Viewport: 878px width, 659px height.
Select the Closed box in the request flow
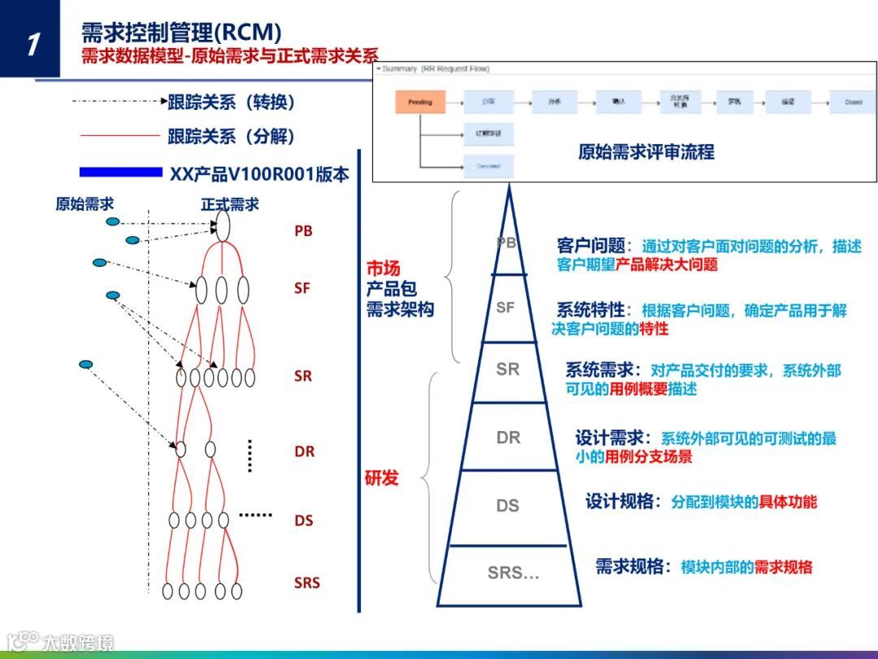point(853,103)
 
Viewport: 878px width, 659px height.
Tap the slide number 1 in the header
point(31,42)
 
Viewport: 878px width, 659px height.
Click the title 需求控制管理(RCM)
point(181,32)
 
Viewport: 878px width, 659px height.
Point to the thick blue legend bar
point(121,172)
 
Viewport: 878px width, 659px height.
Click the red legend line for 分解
point(120,136)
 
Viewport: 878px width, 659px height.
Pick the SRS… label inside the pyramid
point(513,573)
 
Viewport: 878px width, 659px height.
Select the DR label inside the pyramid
point(508,438)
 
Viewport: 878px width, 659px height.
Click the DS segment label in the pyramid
point(507,506)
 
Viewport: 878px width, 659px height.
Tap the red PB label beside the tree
point(303,231)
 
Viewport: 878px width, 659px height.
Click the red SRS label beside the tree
point(307,583)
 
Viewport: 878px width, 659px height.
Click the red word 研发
point(382,478)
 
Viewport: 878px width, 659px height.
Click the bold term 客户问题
point(591,245)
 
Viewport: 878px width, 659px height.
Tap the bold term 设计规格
point(619,501)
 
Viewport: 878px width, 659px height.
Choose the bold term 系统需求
point(599,370)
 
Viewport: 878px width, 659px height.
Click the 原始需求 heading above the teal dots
point(85,204)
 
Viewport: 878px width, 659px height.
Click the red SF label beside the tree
point(302,288)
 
